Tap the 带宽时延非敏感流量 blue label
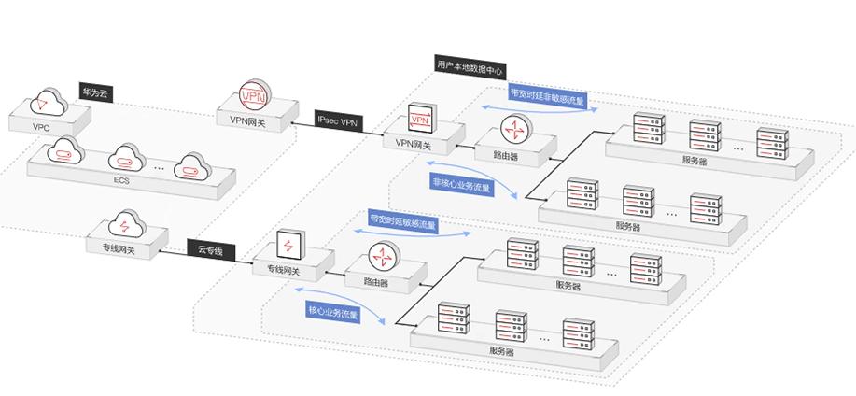[x=547, y=95]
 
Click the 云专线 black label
[x=211, y=249]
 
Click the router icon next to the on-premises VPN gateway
[x=514, y=129]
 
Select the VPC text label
[x=40, y=126]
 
